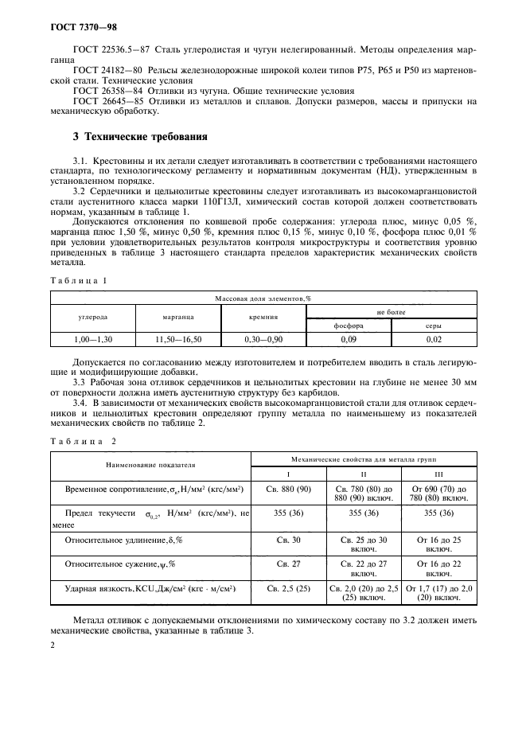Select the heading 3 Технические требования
coord(141,136)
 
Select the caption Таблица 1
coord(78,282)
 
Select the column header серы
coord(433,326)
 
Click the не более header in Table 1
coord(391,313)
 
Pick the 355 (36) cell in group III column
coord(438,514)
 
